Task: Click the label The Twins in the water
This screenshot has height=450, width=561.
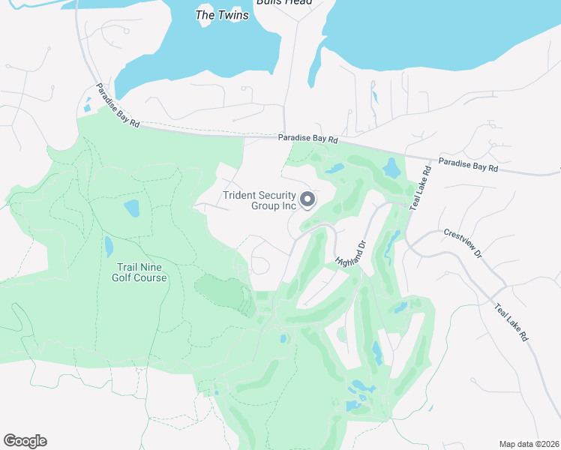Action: (x=222, y=15)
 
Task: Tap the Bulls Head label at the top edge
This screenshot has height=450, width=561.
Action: (x=284, y=2)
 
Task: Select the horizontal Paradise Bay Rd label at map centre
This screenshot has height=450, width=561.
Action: (x=307, y=139)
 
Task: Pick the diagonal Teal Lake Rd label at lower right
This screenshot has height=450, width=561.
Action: (x=511, y=322)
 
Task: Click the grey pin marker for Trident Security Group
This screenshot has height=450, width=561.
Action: (x=307, y=199)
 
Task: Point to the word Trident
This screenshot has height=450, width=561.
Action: (x=241, y=196)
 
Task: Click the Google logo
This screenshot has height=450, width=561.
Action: (x=25, y=441)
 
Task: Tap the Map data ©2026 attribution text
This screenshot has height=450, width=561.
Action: (x=529, y=444)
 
